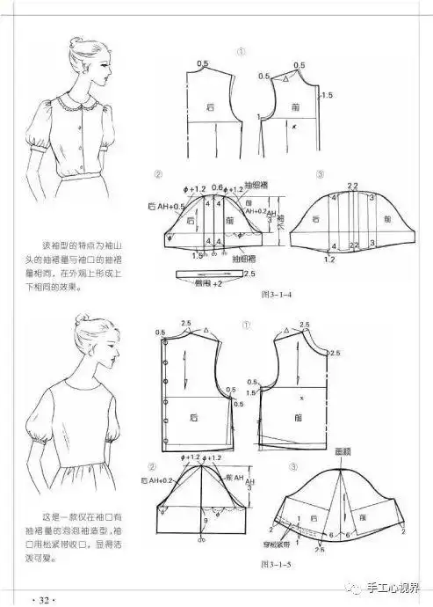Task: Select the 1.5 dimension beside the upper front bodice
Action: [328, 95]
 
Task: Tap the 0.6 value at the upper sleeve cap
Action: [217, 186]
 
